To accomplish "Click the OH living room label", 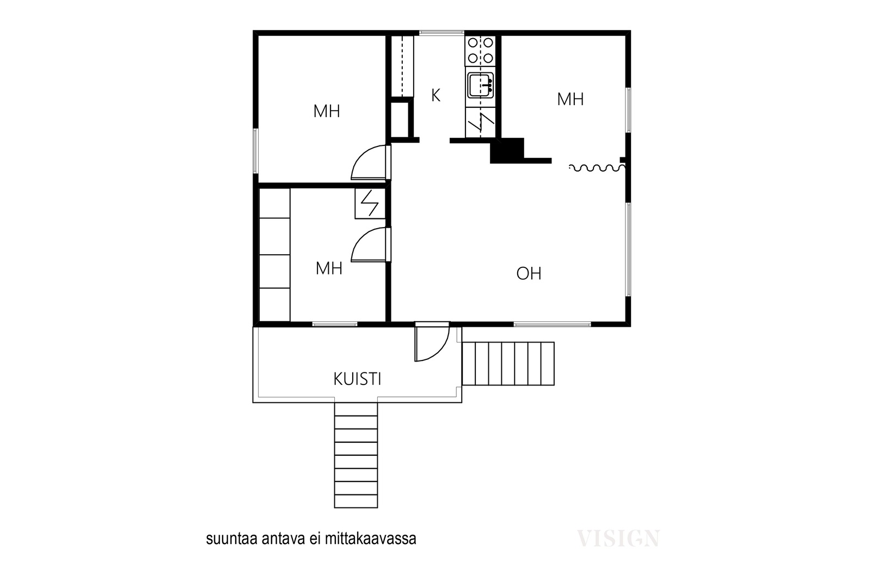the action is (x=529, y=273).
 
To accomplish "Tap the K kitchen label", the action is (x=436, y=95).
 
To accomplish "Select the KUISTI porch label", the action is (x=357, y=379).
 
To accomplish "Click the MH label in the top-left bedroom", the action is (x=327, y=111).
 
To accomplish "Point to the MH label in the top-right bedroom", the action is (x=571, y=99).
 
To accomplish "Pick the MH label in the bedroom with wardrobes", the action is (x=329, y=268).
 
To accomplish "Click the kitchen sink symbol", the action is (x=481, y=85).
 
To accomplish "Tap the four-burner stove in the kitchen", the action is (x=480, y=51).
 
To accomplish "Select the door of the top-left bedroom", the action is (x=371, y=163).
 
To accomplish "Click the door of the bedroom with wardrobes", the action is (x=371, y=245).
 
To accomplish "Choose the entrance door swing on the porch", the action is (x=432, y=342).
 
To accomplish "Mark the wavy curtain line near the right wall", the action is (x=597, y=168).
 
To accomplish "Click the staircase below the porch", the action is (x=356, y=455).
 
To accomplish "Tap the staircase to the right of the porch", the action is (x=508, y=364).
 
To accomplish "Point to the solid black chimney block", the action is (x=507, y=150).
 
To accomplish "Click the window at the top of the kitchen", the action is (x=441, y=33).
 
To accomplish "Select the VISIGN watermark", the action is (x=618, y=539).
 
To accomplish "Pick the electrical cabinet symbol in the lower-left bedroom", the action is (x=370, y=204).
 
